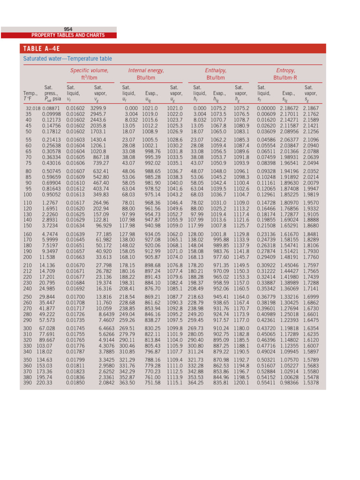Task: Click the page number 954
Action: [x=68, y=29]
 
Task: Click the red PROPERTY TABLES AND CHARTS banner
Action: [x=59, y=35]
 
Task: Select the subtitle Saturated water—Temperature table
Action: [x=67, y=59]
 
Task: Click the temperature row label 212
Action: [x=28, y=271]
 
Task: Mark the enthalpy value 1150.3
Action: [x=242, y=271]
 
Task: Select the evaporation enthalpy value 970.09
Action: [x=221, y=271]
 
